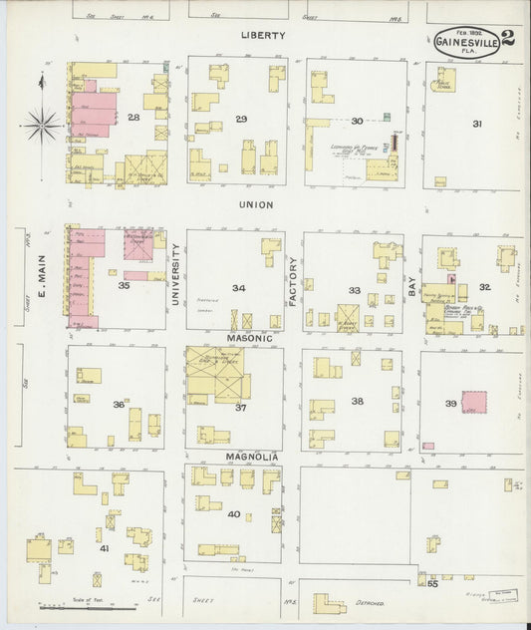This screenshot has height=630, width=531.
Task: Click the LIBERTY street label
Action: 263,35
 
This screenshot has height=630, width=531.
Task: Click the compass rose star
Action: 42,125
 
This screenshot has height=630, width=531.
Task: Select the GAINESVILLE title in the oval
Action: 465,42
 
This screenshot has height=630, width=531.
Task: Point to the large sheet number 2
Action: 508,40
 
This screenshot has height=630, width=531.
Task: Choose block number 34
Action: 239,288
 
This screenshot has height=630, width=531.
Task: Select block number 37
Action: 240,407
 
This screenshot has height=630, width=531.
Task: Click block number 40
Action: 234,514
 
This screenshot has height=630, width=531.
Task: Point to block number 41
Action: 103,548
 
